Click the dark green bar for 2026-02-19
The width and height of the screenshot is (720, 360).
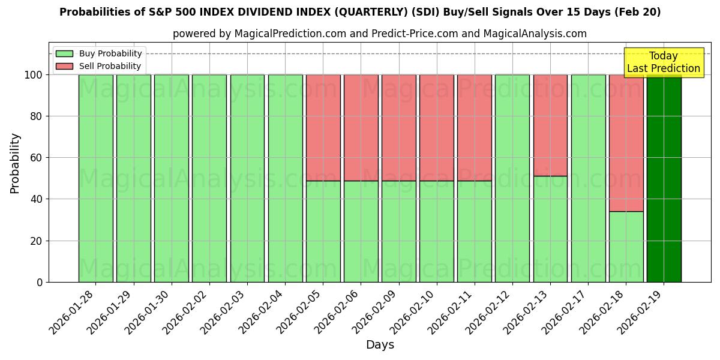pyautogui.click(x=664, y=178)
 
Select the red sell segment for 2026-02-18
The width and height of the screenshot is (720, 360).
pyautogui.click(x=626, y=143)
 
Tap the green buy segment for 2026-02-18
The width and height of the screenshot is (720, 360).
pyautogui.click(x=626, y=247)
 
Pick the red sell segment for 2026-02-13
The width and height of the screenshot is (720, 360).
pyautogui.click(x=550, y=125)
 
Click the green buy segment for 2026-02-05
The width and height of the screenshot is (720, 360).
pyautogui.click(x=323, y=231)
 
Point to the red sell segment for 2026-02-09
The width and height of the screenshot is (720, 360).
pyautogui.click(x=398, y=128)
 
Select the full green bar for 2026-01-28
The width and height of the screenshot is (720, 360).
pyautogui.click(x=95, y=178)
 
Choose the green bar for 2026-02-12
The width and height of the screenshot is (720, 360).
pyautogui.click(x=512, y=178)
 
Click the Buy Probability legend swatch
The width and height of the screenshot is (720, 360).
pyautogui.click(x=64, y=54)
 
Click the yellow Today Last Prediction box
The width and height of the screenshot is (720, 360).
pyautogui.click(x=664, y=63)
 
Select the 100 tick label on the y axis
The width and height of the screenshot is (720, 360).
pyautogui.click(x=34, y=75)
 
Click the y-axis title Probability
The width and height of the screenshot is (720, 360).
pyautogui.click(x=15, y=163)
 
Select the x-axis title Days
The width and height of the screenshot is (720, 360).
pyautogui.click(x=380, y=345)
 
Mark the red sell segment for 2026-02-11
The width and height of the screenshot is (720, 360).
pyautogui.click(x=474, y=128)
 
